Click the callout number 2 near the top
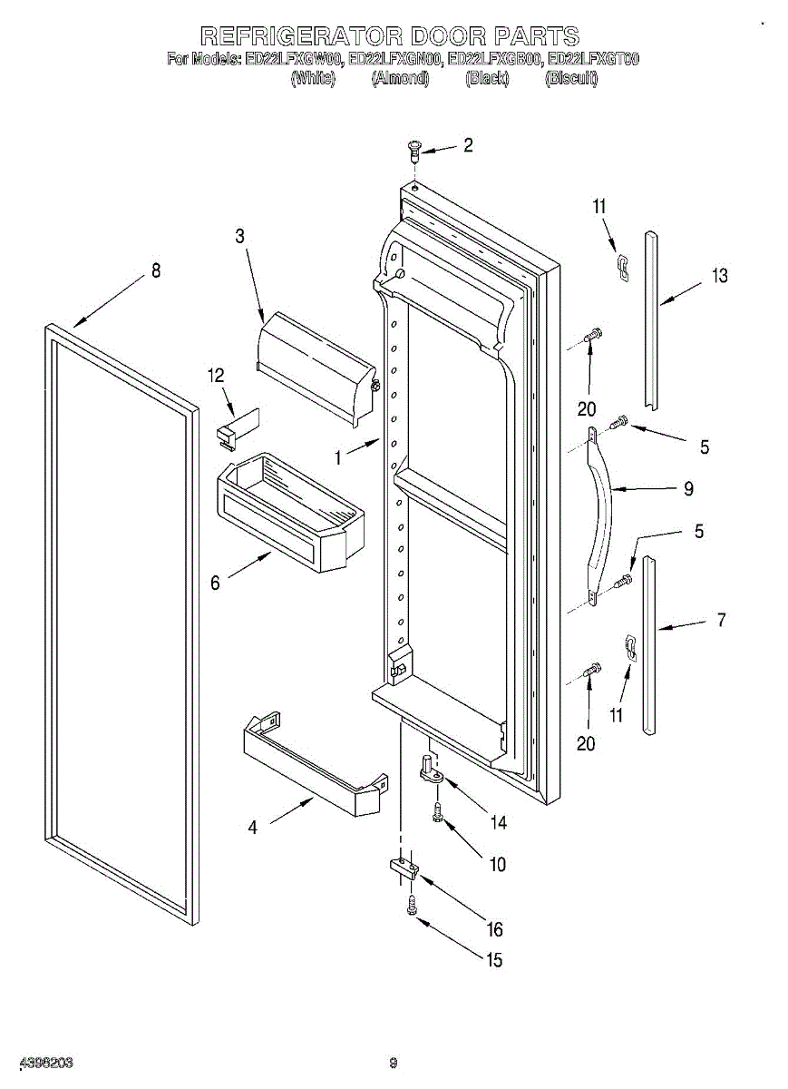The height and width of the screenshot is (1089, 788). pos(469,145)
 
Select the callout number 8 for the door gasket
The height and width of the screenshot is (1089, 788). pos(156,270)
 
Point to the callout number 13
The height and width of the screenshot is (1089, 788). pos(719,276)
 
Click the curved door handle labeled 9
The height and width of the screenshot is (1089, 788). pos(601,508)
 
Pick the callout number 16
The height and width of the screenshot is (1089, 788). pos(494,929)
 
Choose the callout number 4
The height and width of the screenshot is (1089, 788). pos(253,827)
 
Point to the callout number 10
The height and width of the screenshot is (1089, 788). pos(498,864)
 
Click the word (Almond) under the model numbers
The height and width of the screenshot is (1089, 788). pos(400,79)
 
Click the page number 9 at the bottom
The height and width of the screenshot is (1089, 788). pos(394,1063)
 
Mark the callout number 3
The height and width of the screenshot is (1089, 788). pos(239,236)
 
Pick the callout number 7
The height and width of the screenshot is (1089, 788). pos(721,621)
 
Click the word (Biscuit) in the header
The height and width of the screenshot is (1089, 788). pos(571,79)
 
